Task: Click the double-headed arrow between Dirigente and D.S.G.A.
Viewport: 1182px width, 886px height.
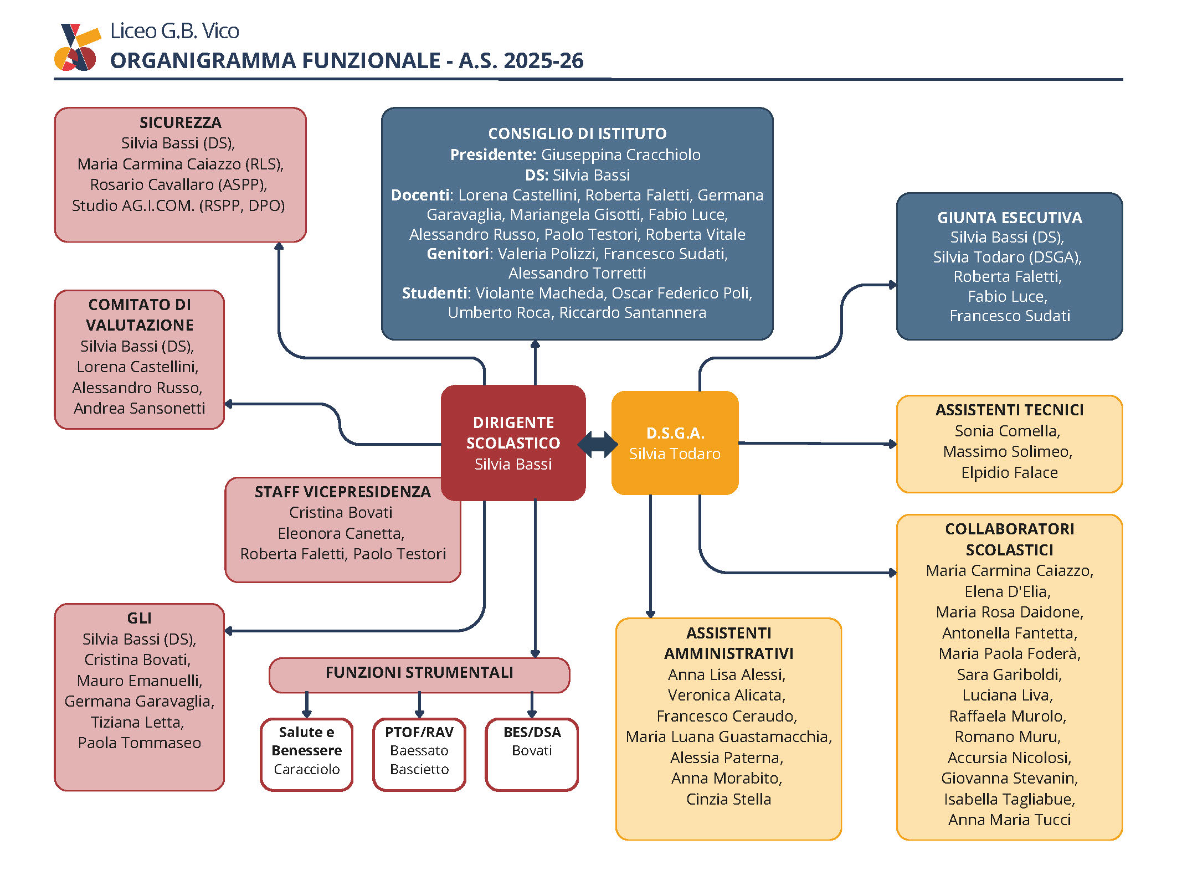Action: coord(598,444)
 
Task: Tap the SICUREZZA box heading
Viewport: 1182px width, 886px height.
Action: coord(180,122)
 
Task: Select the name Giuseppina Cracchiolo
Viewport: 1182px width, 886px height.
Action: coord(620,154)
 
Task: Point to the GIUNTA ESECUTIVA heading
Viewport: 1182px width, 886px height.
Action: coord(1009,218)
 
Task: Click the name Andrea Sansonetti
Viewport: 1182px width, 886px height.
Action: coord(140,409)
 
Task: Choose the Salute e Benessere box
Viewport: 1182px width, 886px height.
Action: coord(306,754)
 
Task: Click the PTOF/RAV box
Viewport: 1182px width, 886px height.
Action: coord(419,754)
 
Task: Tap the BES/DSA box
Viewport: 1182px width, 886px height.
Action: coord(532,754)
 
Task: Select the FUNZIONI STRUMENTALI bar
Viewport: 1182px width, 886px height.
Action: coord(419,673)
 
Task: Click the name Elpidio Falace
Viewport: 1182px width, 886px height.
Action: coord(1009,473)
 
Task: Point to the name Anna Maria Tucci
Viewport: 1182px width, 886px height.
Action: coord(1009,820)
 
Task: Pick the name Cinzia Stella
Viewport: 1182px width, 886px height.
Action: coord(728,800)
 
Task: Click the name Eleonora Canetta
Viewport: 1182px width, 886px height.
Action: coord(341,534)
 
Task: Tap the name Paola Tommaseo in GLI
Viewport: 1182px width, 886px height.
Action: coord(140,743)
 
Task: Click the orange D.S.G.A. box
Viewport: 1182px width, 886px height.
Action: coord(675,443)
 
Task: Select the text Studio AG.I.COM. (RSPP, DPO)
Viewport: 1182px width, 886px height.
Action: coord(178,206)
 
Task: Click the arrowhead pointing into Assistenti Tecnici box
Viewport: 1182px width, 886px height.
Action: coord(892,444)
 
